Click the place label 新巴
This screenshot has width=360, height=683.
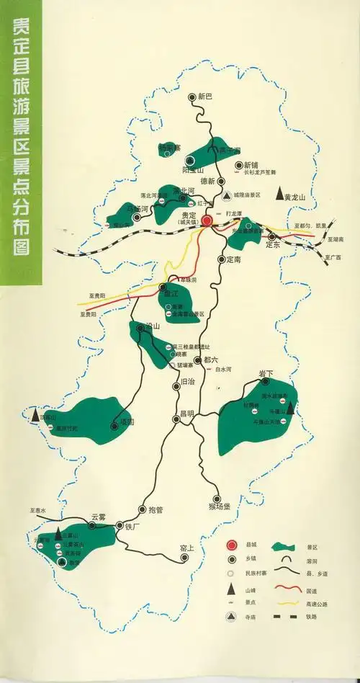click(x=206, y=96)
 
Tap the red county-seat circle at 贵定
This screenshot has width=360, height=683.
click(x=207, y=220)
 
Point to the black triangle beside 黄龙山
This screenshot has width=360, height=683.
click(x=279, y=194)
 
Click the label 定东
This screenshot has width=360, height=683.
click(x=271, y=244)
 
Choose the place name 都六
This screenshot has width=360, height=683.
click(x=210, y=359)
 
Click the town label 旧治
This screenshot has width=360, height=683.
click(x=186, y=382)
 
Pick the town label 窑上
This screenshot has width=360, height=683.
click(x=187, y=548)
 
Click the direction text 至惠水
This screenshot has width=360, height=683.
click(x=37, y=510)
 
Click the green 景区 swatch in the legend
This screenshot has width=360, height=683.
click(x=286, y=545)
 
